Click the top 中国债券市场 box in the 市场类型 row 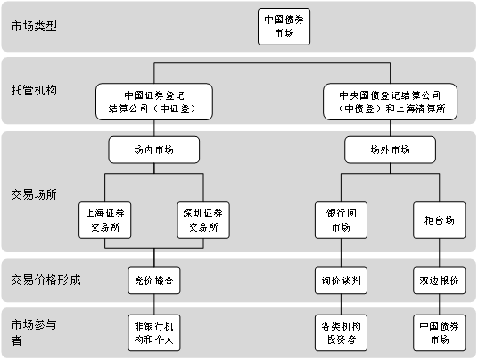pyautogui.click(x=284, y=27)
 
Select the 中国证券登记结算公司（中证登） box pyautogui.click(x=154, y=102)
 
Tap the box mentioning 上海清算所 pyautogui.click(x=390, y=102)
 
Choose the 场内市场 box pyautogui.click(x=154, y=150)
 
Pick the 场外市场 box pyautogui.click(x=390, y=150)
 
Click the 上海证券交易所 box pyautogui.click(x=105, y=220)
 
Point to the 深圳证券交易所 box pyautogui.click(x=203, y=220)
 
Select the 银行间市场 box pyautogui.click(x=341, y=220)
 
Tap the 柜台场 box pyautogui.click(x=440, y=220)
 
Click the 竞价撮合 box pyautogui.click(x=154, y=281)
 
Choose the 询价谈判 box pyautogui.click(x=341, y=281)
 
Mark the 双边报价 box pyautogui.click(x=440, y=281)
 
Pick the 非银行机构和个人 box pyautogui.click(x=154, y=333)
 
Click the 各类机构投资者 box pyautogui.click(x=341, y=333)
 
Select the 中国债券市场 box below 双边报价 pyautogui.click(x=440, y=333)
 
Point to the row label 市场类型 pyautogui.click(x=34, y=26)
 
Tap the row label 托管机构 pyautogui.click(x=34, y=91)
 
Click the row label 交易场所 pyautogui.click(x=34, y=194)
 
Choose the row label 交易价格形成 pyautogui.click(x=46, y=280)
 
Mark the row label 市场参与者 pyautogui.click(x=34, y=332)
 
